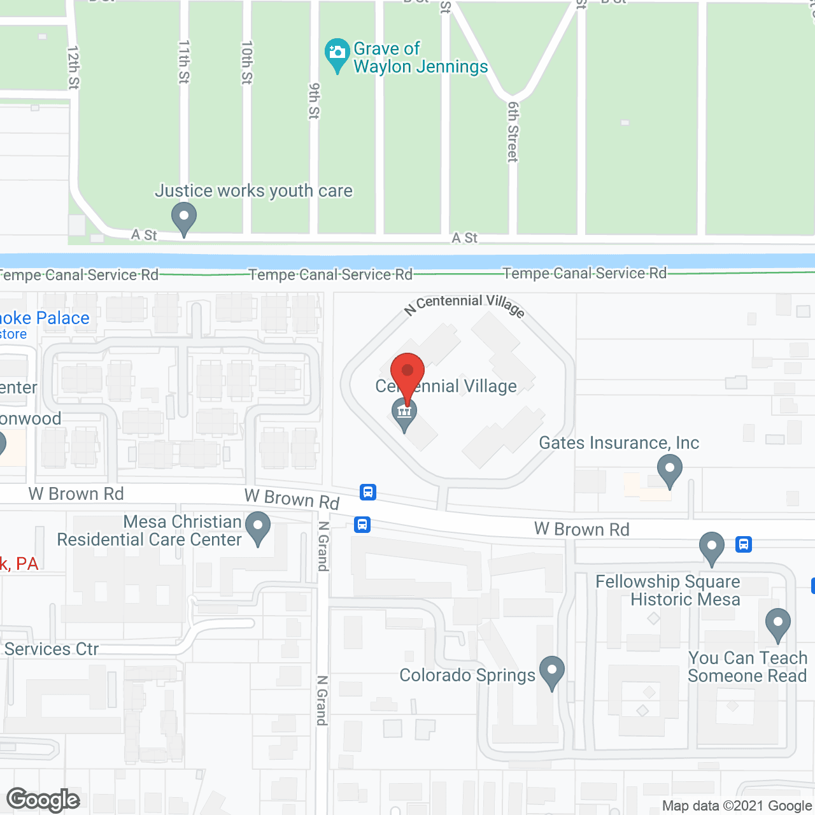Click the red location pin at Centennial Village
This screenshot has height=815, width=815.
coord(407,371)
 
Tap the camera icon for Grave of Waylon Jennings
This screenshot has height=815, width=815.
coord(337,53)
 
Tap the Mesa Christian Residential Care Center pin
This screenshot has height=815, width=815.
coord(258,527)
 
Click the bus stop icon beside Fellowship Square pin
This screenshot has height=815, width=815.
coord(743,544)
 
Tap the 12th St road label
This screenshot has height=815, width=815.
coord(73,67)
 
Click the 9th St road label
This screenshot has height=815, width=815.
coord(314,101)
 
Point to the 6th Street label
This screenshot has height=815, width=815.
coord(513,132)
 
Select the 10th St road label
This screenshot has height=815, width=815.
coord(247,62)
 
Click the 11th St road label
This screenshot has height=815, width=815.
coord(184,62)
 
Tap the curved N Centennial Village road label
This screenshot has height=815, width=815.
coord(465,304)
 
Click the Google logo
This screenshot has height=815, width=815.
coord(43,800)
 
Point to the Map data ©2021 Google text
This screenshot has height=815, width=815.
coord(737,805)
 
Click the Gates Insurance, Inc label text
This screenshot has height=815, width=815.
coord(619,443)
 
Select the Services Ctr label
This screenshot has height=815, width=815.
coord(52,649)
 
